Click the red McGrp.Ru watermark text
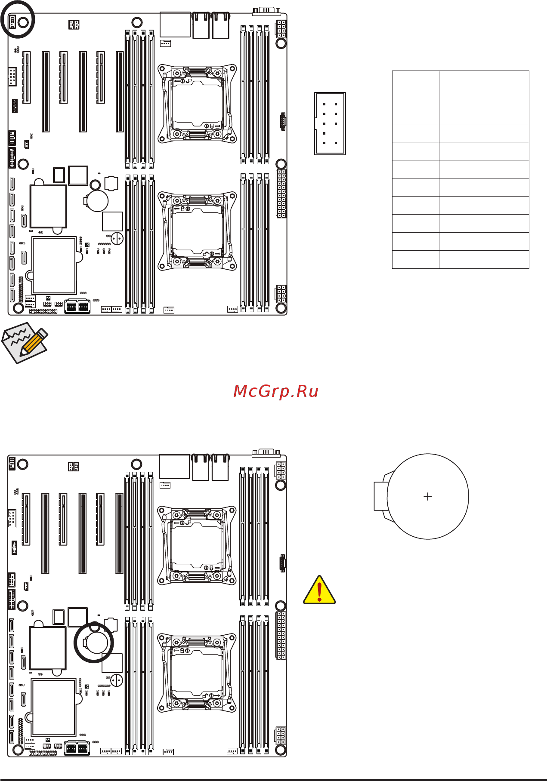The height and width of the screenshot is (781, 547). pyautogui.click(x=276, y=391)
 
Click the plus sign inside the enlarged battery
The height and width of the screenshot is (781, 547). pyautogui.click(x=428, y=497)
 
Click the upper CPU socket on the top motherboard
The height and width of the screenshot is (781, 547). pyautogui.click(x=197, y=103)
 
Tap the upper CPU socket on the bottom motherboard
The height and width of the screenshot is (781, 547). pyautogui.click(x=197, y=545)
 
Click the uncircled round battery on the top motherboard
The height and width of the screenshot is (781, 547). pyautogui.click(x=96, y=201)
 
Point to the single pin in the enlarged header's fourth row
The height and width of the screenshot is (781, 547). pyautogui.click(x=324, y=133)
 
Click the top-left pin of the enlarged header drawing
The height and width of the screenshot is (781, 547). pyautogui.click(x=324, y=104)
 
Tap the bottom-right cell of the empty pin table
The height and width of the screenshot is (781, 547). pyautogui.click(x=484, y=260)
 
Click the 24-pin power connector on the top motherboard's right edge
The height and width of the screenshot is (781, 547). pyautogui.click(x=281, y=194)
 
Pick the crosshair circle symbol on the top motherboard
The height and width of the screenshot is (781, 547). pyautogui.click(x=117, y=238)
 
